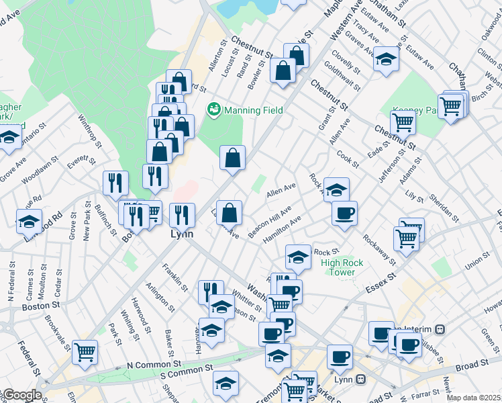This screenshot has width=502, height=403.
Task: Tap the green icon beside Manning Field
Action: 214,108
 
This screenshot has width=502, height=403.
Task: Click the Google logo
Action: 22,395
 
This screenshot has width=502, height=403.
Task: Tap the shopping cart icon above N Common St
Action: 85,352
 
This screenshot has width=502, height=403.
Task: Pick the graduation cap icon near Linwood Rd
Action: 29,221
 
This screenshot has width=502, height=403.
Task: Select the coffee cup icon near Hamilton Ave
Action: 344,213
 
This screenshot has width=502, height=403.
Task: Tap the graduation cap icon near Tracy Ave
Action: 386,58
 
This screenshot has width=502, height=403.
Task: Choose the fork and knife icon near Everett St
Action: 115,183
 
